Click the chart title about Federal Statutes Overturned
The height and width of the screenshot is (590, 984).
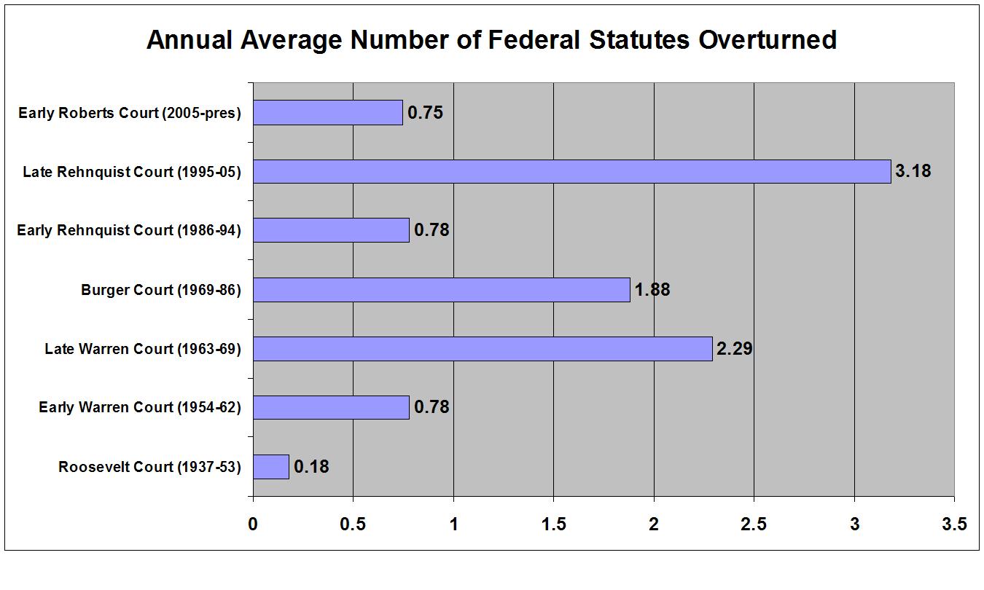[x=491, y=40]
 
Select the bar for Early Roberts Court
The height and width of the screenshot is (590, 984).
[x=328, y=113]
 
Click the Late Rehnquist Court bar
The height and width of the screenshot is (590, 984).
[x=571, y=172]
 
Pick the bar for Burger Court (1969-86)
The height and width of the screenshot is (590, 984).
[x=442, y=290]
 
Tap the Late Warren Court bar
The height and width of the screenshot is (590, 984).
[x=483, y=349]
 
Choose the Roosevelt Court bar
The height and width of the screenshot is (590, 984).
[x=271, y=467]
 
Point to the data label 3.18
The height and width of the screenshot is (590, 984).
[x=913, y=172]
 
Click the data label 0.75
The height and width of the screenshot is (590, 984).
[x=425, y=113]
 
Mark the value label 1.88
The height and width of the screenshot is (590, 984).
[x=652, y=290]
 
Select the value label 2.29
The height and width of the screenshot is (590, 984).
[x=734, y=349]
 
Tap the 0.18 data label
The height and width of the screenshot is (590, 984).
[x=311, y=467]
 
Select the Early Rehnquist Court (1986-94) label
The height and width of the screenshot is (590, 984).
[x=129, y=231]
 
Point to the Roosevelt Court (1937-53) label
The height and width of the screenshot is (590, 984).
[x=149, y=467]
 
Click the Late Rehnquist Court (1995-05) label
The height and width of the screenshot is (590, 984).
[x=132, y=172]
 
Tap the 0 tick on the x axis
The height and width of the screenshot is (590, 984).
[x=253, y=524]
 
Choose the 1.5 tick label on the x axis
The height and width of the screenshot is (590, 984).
[x=553, y=524]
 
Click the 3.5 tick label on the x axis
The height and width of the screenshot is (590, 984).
[x=954, y=524]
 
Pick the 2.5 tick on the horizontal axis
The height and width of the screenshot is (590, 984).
[x=754, y=524]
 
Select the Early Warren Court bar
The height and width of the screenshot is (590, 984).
[x=332, y=408]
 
